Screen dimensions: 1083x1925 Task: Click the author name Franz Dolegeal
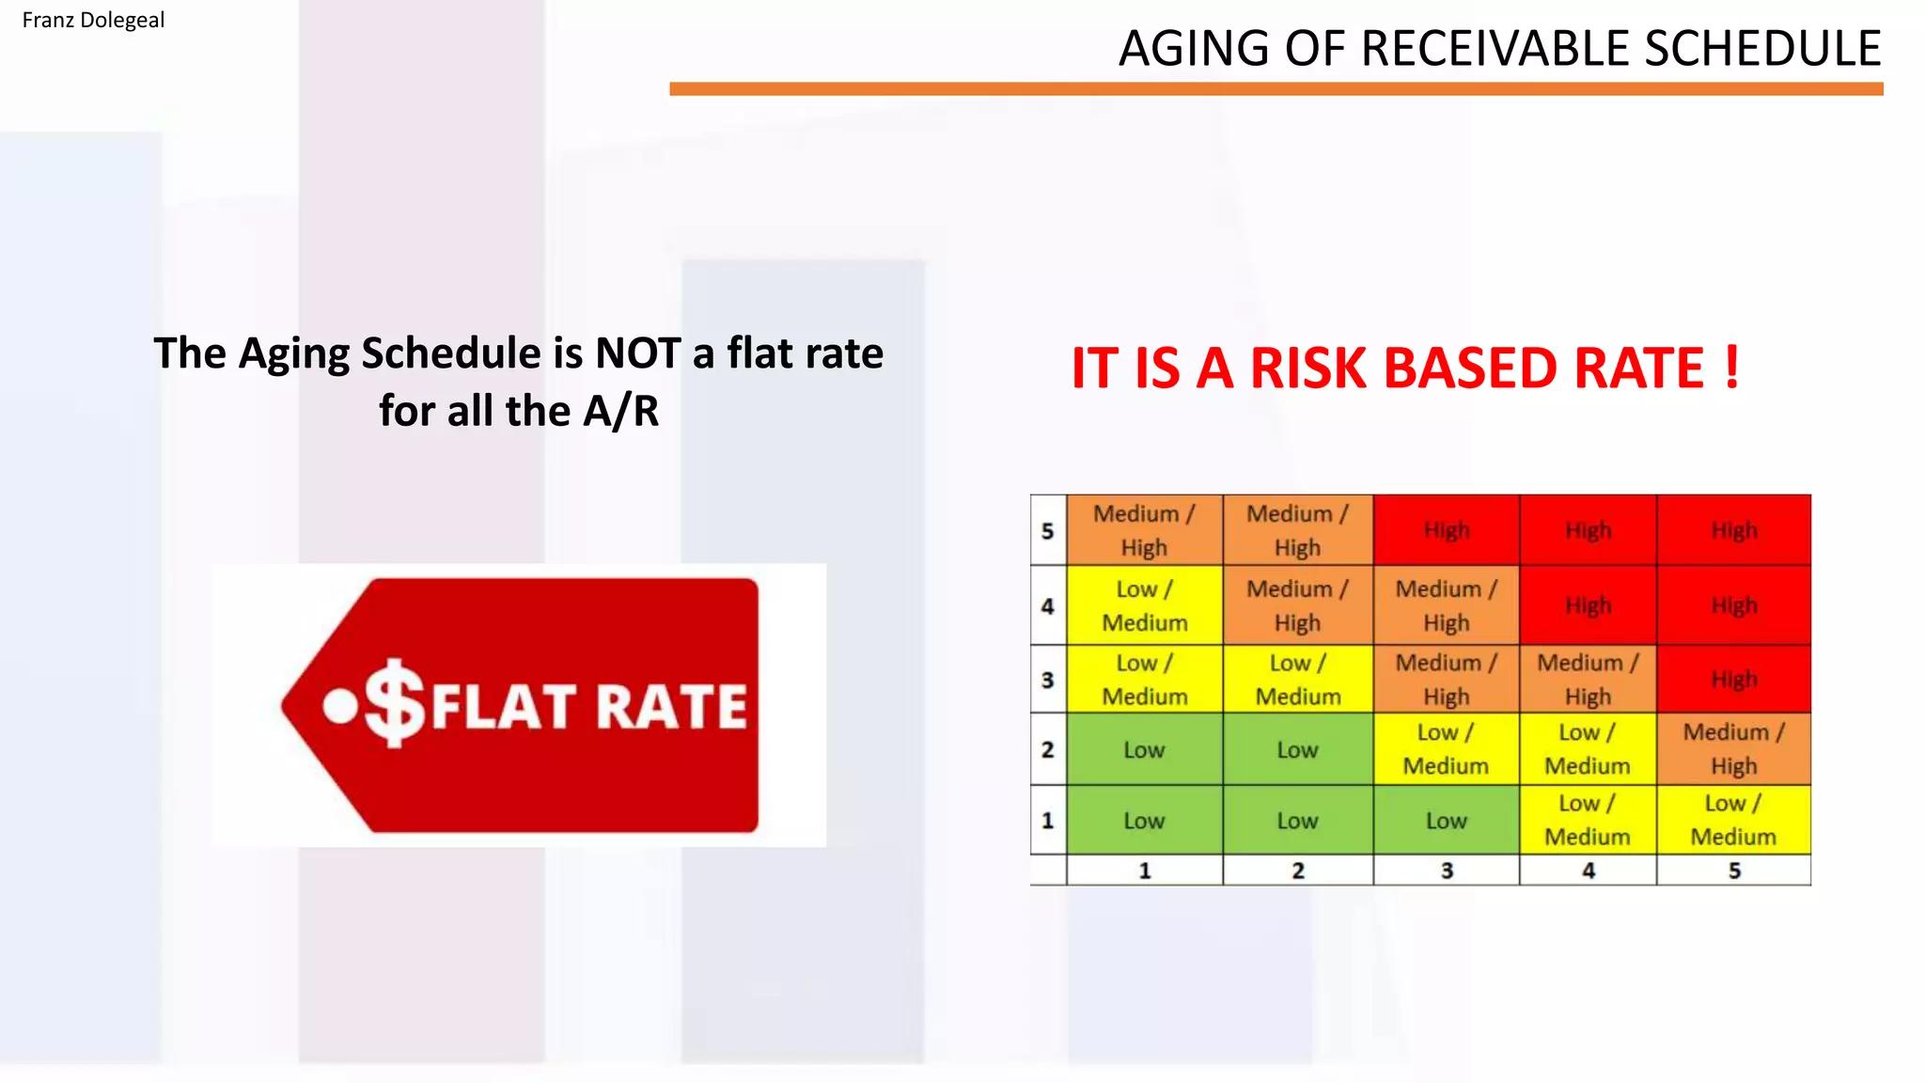click(x=93, y=20)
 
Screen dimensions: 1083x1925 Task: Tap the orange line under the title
click(x=1276, y=89)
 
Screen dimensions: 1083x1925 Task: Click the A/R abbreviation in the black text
click(x=620, y=412)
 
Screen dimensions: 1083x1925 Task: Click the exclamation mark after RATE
click(x=1731, y=367)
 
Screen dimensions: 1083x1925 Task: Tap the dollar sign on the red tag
click(x=395, y=702)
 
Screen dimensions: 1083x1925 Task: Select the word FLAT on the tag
click(x=503, y=707)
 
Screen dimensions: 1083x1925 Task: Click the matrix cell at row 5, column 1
click(x=1144, y=530)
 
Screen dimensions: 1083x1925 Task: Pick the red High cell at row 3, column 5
click(x=1733, y=679)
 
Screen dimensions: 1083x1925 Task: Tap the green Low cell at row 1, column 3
click(x=1446, y=821)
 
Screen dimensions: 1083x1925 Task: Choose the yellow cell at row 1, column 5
click(x=1733, y=820)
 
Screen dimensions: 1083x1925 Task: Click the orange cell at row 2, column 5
click(x=1733, y=749)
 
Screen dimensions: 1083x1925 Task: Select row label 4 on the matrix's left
click(x=1048, y=606)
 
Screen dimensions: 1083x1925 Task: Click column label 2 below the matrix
click(x=1297, y=871)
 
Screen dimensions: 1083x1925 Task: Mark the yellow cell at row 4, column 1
click(x=1144, y=606)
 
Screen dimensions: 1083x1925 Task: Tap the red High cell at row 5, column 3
click(x=1446, y=530)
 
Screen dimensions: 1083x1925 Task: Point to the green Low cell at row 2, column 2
click(x=1297, y=749)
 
